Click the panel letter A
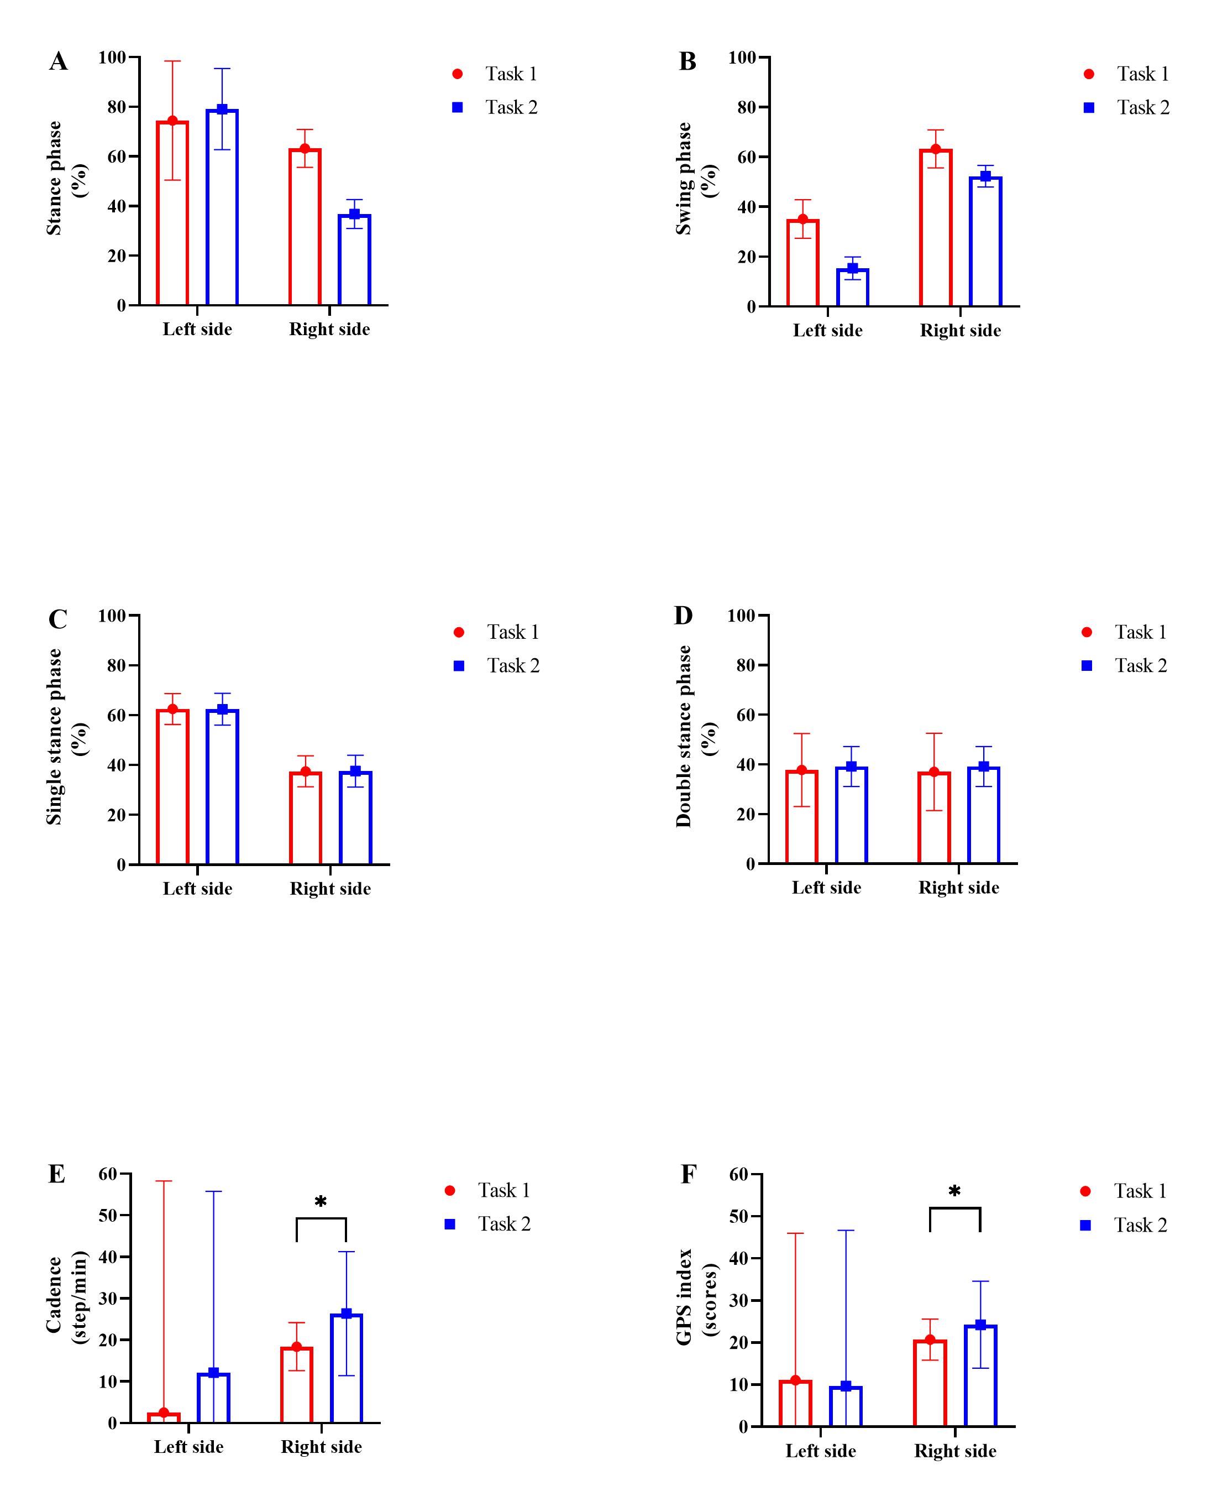pyautogui.click(x=59, y=61)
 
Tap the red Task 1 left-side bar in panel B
pyautogui.click(x=803, y=263)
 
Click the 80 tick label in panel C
pyautogui.click(x=117, y=666)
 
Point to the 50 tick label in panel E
pyautogui.click(x=108, y=1215)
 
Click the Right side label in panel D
pyautogui.click(x=958, y=888)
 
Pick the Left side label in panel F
pyautogui.click(x=820, y=1451)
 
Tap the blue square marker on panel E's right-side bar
pyautogui.click(x=347, y=1313)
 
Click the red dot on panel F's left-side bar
pyautogui.click(x=795, y=1380)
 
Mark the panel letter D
pyautogui.click(x=684, y=616)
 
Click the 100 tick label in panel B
pyautogui.click(x=742, y=58)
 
